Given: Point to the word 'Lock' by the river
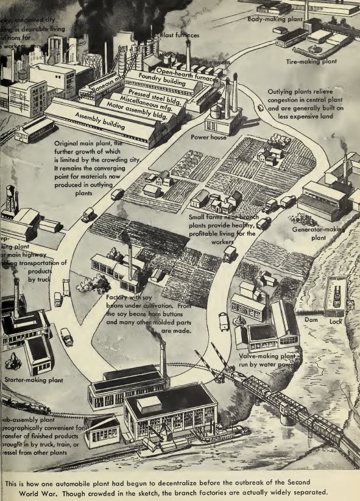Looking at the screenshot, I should point(334,320).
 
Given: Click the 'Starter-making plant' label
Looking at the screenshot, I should point(34,380).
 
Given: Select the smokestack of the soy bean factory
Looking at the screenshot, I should point(130,262).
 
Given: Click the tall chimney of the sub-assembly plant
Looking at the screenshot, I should point(163,359).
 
